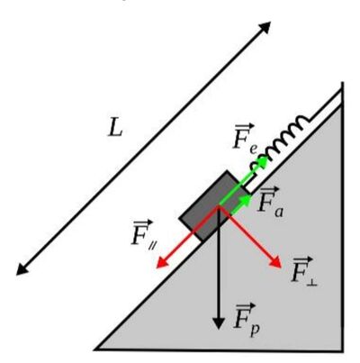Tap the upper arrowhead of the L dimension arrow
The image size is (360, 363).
pyautogui.click(x=265, y=26)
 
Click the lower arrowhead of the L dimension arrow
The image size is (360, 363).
pyautogui.click(x=22, y=269)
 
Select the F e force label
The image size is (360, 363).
pyautogui.click(x=245, y=138)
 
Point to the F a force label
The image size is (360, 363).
pyautogui.click(x=269, y=201)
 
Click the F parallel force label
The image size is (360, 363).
pyautogui.click(x=142, y=234)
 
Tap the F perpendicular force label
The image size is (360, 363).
pyautogui.click(x=303, y=271)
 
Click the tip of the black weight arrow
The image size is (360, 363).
pyautogui.click(x=219, y=329)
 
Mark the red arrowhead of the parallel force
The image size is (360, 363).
pyautogui.click(x=162, y=263)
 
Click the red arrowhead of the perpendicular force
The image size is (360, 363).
pyautogui.click(x=276, y=263)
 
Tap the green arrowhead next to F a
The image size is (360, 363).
pyautogui.click(x=247, y=199)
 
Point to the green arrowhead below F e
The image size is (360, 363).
pyautogui.click(x=263, y=161)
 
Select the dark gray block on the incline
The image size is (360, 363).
pyautogui.click(x=214, y=206)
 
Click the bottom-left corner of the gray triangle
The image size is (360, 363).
pyautogui.click(x=96, y=349)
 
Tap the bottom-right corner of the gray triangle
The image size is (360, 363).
pyautogui.click(x=343, y=350)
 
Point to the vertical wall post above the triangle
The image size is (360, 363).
pyautogui.click(x=342, y=94)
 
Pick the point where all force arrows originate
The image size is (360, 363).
pyautogui.click(x=219, y=206)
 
